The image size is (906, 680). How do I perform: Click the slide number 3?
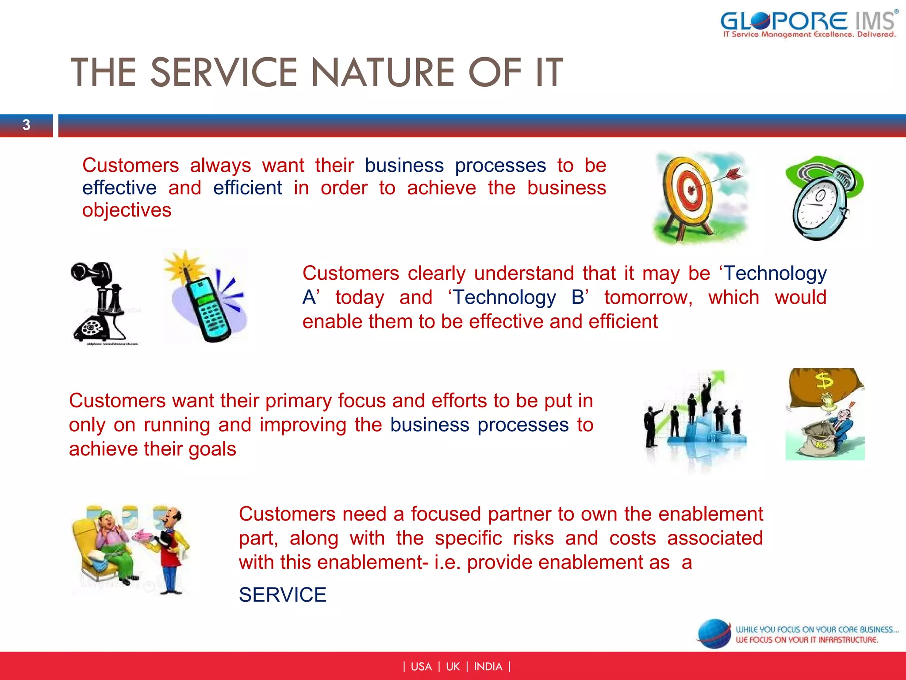27,125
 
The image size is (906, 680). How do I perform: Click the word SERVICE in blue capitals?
282,595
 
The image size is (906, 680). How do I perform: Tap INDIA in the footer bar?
488,667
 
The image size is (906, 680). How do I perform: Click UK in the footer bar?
453,667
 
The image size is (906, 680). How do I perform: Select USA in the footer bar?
421,667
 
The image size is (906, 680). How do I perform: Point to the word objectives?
127,210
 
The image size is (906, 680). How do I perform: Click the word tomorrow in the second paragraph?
648,297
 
